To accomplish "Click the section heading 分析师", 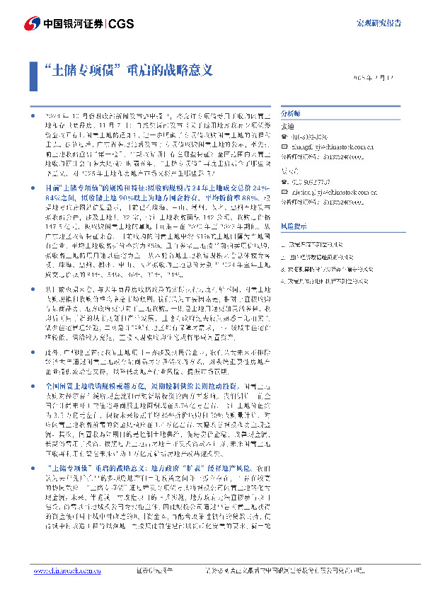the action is click(x=291, y=113).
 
